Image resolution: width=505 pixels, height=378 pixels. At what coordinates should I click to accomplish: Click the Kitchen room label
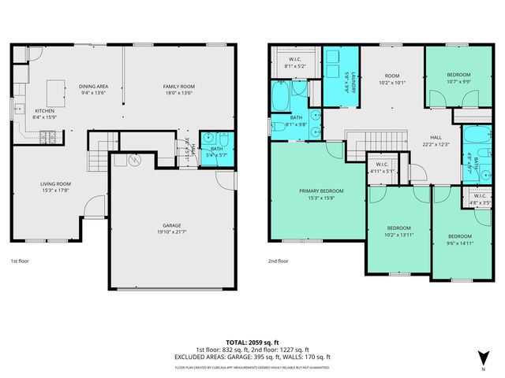45,111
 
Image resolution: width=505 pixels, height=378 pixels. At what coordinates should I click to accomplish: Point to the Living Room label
56,183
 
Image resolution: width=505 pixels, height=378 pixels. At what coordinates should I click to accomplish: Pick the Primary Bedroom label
320,191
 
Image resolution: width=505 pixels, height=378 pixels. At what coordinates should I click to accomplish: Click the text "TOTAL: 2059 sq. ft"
252,343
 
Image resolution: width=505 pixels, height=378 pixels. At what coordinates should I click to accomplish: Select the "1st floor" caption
19,261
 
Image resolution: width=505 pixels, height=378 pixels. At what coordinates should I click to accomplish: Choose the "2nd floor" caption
278,261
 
